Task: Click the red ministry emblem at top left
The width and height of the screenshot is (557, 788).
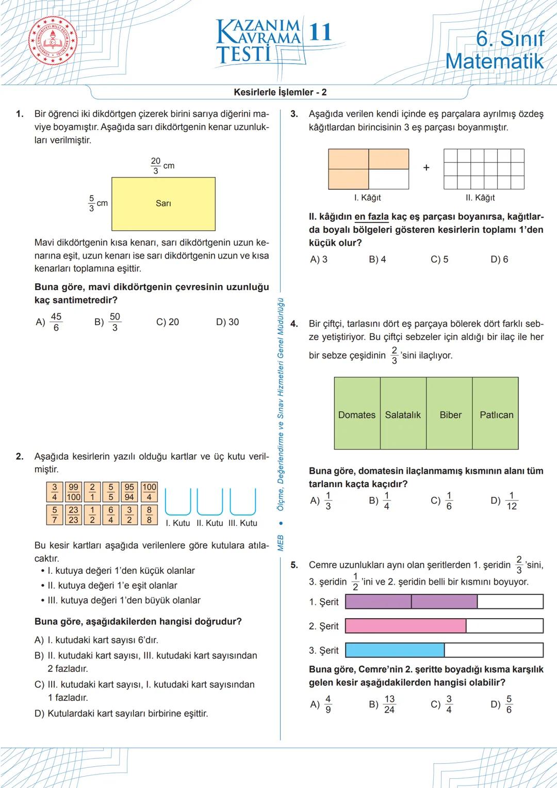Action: pos(52,42)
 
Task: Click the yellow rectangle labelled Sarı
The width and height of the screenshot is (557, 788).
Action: pos(163,204)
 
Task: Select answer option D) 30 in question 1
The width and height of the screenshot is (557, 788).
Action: pos(227,322)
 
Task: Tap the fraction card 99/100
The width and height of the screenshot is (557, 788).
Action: pos(74,492)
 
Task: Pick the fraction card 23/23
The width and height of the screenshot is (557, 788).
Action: pos(74,515)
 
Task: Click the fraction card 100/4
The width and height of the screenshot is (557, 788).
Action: pos(149,492)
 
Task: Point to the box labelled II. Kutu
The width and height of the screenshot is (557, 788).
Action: pos(210,503)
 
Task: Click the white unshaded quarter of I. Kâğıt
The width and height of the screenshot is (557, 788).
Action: pos(389,179)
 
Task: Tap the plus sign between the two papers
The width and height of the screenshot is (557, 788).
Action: pos(426,168)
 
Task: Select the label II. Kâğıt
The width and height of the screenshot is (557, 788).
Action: pos(480,198)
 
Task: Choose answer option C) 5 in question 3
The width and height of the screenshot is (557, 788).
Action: pos(439,260)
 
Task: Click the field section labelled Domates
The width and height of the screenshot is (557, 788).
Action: pos(357,414)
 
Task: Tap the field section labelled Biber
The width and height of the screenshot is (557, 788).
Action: pos(450,414)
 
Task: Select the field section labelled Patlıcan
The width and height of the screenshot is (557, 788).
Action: pos(496,414)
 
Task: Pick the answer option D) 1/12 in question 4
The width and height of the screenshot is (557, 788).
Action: pos(504,501)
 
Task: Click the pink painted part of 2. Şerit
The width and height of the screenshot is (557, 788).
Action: pos(405,626)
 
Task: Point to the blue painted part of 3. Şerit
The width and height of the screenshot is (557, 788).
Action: pos(395,650)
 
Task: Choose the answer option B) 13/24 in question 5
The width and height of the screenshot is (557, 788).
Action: pos(382,704)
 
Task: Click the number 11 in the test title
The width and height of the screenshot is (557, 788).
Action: pos(320,32)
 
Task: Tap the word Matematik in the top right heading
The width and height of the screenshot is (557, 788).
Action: pos(494,61)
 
